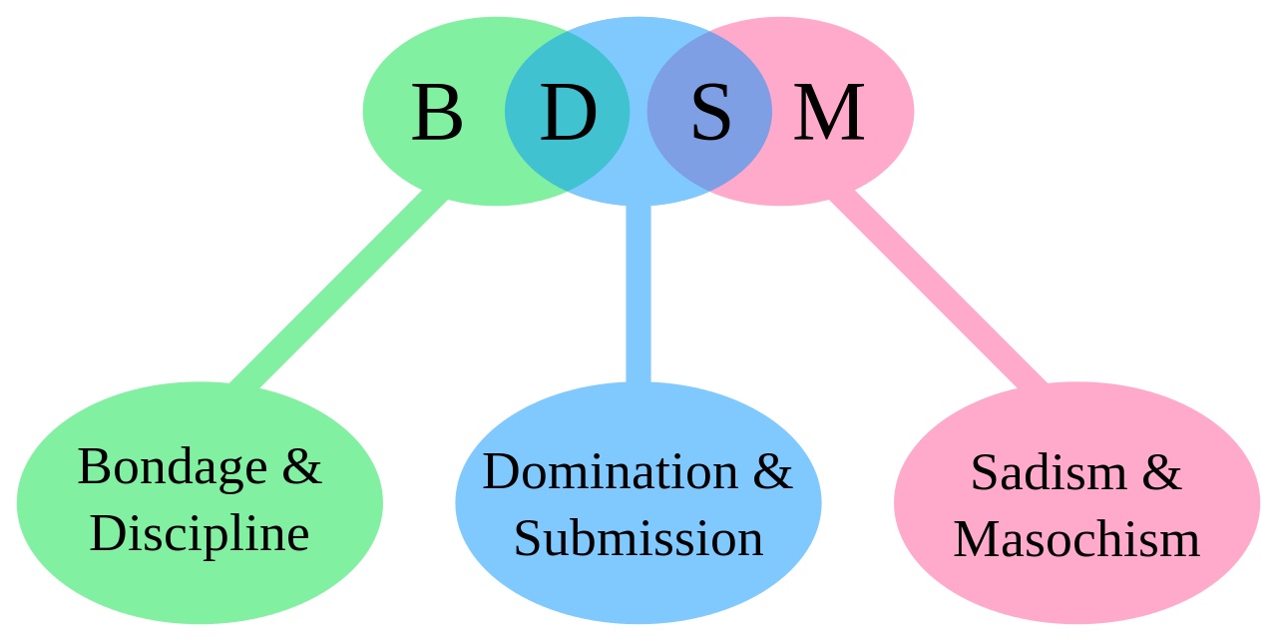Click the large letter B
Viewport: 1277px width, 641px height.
436,113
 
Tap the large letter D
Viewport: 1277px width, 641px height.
568,113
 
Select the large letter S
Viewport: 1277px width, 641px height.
711,113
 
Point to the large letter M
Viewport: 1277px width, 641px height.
829,113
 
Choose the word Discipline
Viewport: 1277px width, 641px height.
200,535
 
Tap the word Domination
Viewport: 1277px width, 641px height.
610,471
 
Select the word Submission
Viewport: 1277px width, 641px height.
638,538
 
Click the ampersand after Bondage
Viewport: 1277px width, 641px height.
301,466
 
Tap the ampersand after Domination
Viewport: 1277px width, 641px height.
772,471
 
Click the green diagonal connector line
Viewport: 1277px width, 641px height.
339,290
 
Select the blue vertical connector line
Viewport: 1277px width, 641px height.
638,294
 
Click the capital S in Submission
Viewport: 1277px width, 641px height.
527,538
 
